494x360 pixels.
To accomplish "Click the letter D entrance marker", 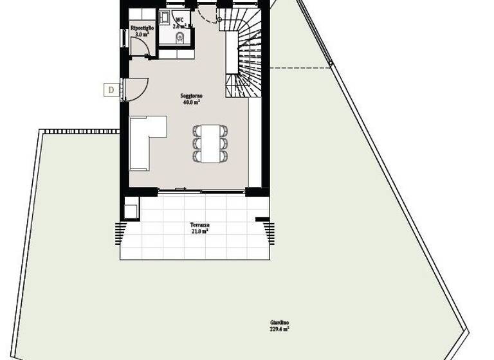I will [111, 90].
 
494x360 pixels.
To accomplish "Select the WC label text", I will [179, 20].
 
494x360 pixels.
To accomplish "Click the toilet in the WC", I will [180, 39].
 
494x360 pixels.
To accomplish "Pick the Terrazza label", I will [199, 225].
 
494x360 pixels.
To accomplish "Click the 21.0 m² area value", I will [199, 231].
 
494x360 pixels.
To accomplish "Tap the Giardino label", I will [279, 322].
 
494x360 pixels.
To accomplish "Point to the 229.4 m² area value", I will [279, 329].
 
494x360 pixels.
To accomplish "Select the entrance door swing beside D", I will [138, 89].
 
